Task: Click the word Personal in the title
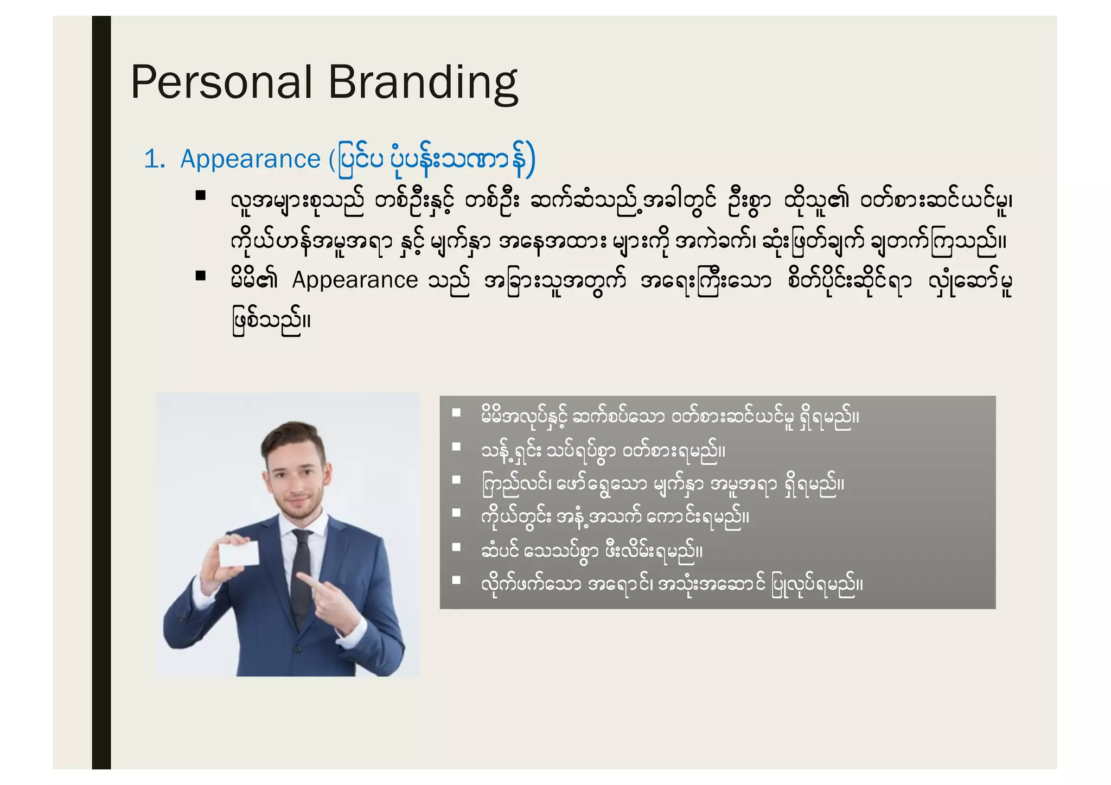(x=221, y=82)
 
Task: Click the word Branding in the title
(x=423, y=83)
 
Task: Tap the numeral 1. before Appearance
(x=154, y=159)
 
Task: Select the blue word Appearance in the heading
(x=250, y=159)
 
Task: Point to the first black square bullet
(x=201, y=196)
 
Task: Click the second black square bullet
(x=201, y=276)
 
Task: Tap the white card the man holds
(x=239, y=554)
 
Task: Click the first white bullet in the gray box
(x=456, y=413)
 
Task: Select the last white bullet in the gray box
(x=456, y=580)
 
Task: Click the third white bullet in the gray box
(x=456, y=480)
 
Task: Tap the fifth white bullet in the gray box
(x=456, y=547)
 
